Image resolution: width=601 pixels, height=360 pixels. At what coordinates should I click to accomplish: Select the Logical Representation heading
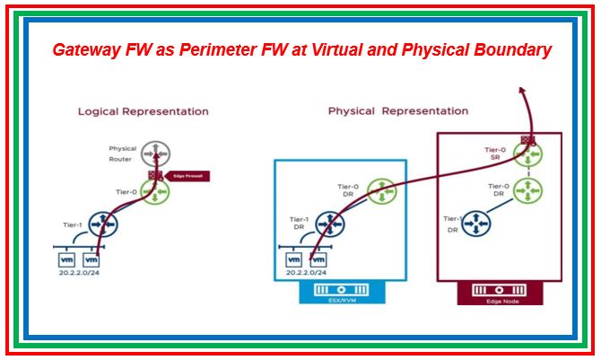pyautogui.click(x=144, y=111)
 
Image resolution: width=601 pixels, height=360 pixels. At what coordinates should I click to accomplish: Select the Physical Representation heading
pyautogui.click(x=397, y=111)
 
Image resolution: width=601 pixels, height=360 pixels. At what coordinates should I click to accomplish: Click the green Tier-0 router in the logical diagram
pyautogui.click(x=159, y=191)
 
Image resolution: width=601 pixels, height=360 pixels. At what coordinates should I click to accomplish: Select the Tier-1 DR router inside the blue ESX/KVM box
pyautogui.click(x=331, y=224)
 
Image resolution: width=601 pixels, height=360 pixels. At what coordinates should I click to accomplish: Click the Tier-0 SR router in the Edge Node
pyautogui.click(x=527, y=154)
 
